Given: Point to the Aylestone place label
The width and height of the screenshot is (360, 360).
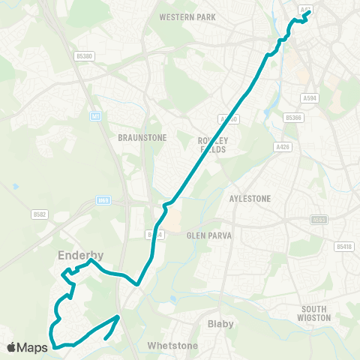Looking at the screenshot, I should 249,199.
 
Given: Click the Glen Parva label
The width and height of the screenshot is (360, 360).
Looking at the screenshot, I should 210,235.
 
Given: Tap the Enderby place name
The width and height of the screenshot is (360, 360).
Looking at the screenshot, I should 80,256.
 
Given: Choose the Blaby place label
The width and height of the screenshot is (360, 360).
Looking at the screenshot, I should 220,324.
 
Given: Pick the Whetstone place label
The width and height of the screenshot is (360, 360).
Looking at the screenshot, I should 172,346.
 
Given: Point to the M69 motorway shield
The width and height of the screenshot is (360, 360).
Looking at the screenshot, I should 103,200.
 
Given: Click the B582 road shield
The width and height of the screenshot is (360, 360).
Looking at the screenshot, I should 40,214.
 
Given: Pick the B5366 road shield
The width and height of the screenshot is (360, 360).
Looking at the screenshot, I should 293,118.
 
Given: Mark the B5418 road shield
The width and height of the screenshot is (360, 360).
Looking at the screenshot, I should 343,246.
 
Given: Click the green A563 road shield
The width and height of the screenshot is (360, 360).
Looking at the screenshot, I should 319,220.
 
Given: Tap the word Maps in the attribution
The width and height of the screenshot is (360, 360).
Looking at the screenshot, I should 33,347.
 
